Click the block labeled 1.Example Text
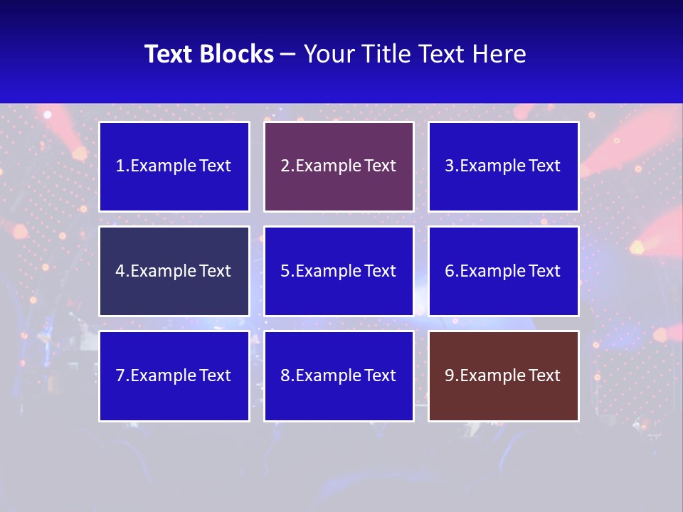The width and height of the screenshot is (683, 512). (x=174, y=166)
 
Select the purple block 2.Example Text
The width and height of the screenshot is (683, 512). (x=339, y=166)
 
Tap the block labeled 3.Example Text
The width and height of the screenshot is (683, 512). (x=504, y=166)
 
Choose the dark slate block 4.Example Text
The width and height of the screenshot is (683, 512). (x=174, y=271)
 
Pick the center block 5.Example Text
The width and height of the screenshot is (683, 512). (x=339, y=271)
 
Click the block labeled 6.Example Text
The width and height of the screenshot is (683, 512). (x=504, y=271)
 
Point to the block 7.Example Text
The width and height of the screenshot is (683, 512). (x=174, y=375)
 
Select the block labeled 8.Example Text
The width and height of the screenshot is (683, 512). (x=339, y=375)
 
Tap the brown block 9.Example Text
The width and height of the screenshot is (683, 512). (x=504, y=375)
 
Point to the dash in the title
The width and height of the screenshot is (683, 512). (x=288, y=54)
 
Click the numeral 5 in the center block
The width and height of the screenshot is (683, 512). (x=285, y=271)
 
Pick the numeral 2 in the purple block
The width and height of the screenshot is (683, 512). (x=285, y=166)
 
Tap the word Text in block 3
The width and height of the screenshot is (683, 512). (x=544, y=166)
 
